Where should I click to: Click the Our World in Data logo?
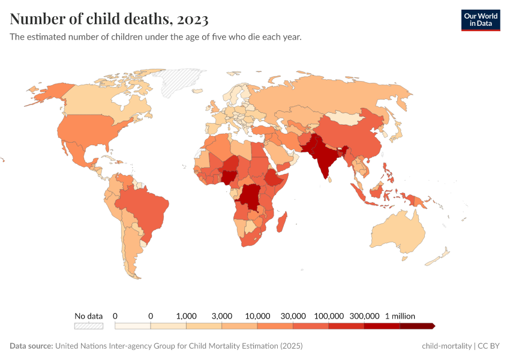tap(480, 20)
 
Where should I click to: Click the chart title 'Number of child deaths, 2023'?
tap(109, 19)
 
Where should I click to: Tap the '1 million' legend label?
tap(400, 316)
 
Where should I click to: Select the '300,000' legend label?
tap(364, 316)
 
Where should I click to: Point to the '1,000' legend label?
tap(186, 316)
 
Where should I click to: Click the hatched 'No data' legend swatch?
tap(89, 326)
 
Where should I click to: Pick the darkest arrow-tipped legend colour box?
tap(417, 326)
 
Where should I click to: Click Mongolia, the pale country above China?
tap(348, 118)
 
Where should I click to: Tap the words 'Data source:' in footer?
tap(31, 346)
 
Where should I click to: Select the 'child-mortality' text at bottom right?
tap(446, 346)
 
